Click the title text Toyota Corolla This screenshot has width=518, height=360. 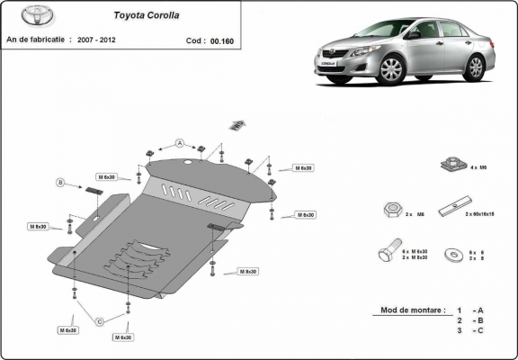[144, 15]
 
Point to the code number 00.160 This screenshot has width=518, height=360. [219, 40]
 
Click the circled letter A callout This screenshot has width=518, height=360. [179, 143]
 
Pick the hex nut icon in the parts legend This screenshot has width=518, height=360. [391, 209]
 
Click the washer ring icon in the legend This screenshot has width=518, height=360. [451, 255]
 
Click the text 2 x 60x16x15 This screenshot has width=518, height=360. [480, 214]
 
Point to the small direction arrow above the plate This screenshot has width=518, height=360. [237, 124]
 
